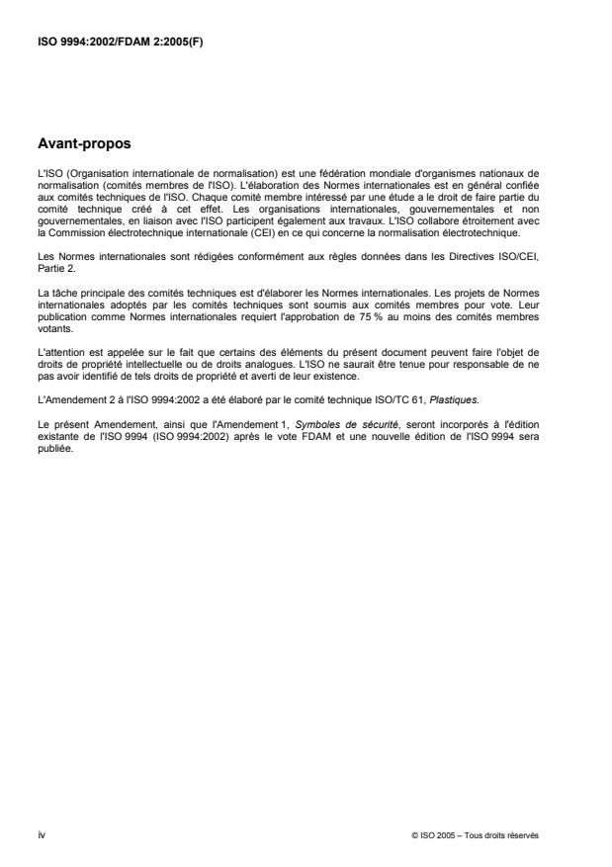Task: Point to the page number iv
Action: [42, 833]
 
